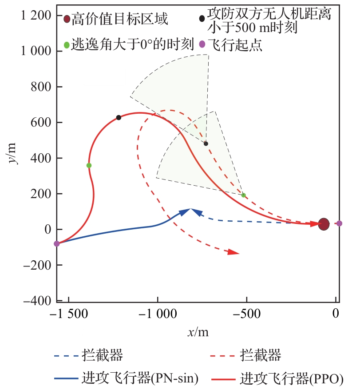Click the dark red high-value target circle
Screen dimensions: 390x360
tap(324, 224)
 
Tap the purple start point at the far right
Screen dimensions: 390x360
tap(339, 223)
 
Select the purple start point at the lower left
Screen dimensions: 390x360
tap(57, 243)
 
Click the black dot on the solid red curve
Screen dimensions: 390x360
tap(119, 118)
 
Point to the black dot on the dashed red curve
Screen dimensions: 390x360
tap(206, 143)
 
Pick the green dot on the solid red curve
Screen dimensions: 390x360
tap(89, 165)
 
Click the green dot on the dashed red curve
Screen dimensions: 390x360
tap(243, 195)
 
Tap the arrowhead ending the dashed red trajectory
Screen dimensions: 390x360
tap(234, 252)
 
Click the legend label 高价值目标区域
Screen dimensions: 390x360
tap(120, 19)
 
